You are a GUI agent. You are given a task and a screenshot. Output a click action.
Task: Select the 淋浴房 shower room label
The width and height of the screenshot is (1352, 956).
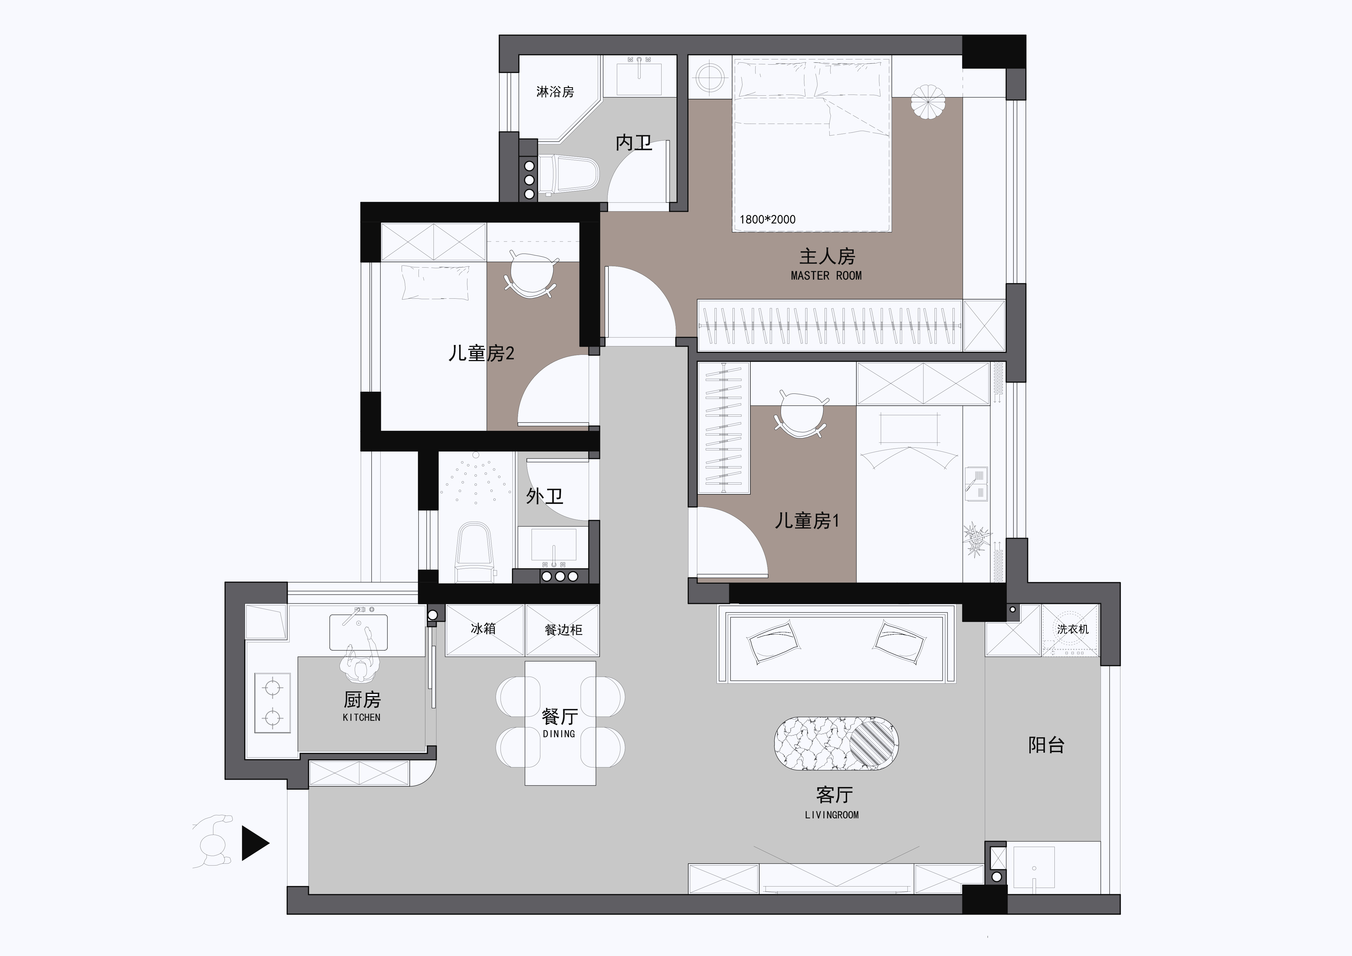[x=555, y=92]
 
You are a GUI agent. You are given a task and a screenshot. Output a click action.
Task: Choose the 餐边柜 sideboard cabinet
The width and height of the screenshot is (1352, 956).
[x=562, y=630]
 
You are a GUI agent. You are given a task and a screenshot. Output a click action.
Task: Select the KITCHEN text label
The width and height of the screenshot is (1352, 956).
[x=362, y=718]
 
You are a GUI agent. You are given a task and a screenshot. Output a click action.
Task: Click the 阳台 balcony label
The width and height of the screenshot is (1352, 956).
[x=1046, y=745]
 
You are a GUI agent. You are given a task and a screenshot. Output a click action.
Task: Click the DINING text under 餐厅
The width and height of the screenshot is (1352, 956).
[x=559, y=734]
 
